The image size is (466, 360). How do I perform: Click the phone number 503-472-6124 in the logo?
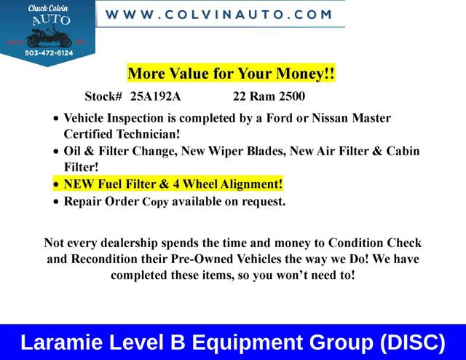[x=49, y=52]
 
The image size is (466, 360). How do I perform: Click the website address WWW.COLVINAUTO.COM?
[x=219, y=15]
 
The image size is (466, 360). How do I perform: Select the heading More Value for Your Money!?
[x=231, y=74]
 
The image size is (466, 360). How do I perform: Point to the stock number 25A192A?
[x=156, y=96]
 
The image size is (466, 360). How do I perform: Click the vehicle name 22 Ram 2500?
[x=269, y=96]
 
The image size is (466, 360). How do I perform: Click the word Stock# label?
[x=103, y=96]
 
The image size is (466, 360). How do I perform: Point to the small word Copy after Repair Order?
[x=155, y=202]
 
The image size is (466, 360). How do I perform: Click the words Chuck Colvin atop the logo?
[x=48, y=8]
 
